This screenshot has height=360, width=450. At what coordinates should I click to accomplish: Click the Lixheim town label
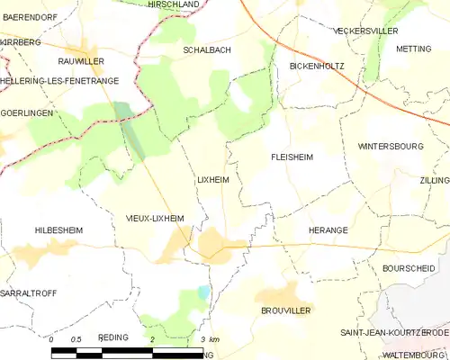212,180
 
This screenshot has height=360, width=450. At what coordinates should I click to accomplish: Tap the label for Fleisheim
292,157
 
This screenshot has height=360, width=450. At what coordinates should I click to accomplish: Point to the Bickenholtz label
317,67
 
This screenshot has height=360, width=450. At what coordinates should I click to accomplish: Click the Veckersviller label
364,31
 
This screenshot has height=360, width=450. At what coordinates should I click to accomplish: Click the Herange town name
328,230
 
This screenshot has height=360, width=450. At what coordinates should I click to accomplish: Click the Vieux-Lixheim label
155,218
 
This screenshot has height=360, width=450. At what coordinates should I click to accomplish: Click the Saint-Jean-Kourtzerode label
394,332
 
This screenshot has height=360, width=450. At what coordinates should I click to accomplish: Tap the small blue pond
203,292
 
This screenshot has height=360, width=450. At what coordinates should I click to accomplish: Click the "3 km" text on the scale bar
211,338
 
